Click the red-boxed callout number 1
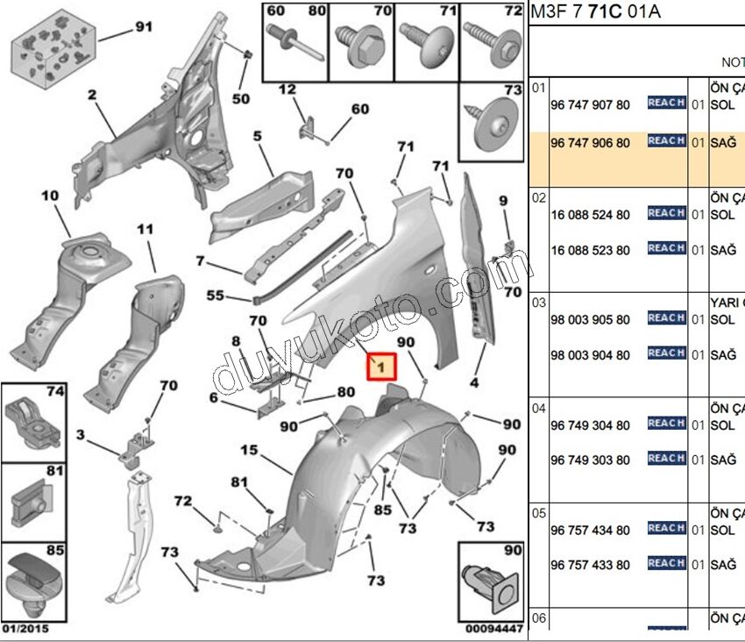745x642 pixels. pos(381,367)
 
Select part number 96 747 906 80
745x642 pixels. pos(590,143)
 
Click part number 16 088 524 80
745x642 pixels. pos(590,215)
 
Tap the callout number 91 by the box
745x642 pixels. pos(143,28)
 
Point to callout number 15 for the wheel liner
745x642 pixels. pos(249,450)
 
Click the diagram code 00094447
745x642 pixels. pos(494,628)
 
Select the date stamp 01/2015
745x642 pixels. pos(25,628)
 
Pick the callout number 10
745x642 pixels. pos(49,195)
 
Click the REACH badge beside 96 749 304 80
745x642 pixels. pos(666,424)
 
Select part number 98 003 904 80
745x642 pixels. pos(590,355)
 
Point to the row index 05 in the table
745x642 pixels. pos(539,512)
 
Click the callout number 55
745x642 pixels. pos(216,296)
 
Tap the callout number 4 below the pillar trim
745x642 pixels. pos(474,382)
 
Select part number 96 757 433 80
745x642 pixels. pos(590,565)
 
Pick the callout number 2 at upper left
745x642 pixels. pos(92,95)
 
